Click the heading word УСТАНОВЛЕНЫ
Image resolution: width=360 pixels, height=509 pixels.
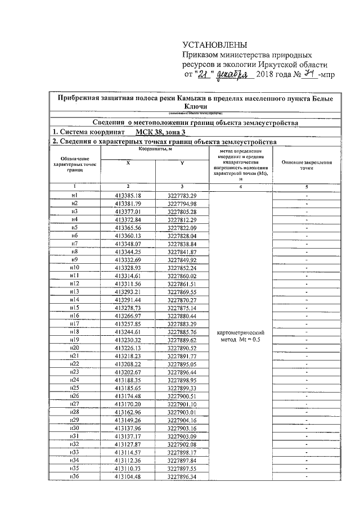(x=214, y=45)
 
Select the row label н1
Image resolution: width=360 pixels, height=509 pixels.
(x=74, y=195)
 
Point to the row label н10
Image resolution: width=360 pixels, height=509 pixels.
(x=74, y=268)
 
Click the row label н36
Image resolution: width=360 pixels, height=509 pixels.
(x=74, y=479)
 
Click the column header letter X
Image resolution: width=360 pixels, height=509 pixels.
(x=128, y=162)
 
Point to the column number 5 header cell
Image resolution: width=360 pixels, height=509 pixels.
(x=306, y=186)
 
